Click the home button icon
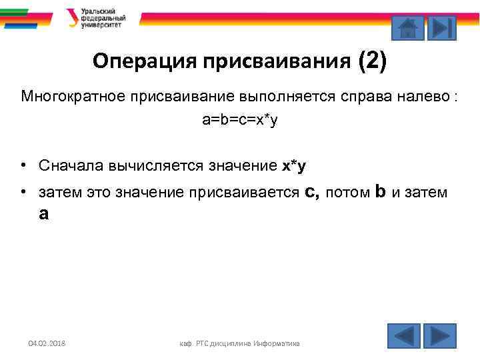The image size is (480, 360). [407, 29]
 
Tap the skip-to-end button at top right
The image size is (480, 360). [441, 29]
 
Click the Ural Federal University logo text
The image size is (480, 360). [99, 18]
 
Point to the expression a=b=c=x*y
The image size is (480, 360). [240, 121]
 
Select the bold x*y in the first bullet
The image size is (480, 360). [294, 165]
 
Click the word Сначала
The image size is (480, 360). [68, 165]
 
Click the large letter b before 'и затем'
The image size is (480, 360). [380, 192]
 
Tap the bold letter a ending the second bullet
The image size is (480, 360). [44, 214]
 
